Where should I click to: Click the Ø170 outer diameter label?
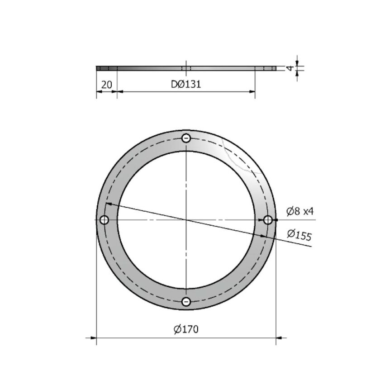click(x=186, y=329)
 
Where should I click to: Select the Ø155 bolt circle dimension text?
click(x=299, y=234)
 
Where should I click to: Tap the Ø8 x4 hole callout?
click(x=300, y=210)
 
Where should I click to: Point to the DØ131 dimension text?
click(x=186, y=84)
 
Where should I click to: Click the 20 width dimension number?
click(x=106, y=84)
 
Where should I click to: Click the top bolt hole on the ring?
click(x=186, y=138)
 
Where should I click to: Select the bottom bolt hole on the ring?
click(x=186, y=302)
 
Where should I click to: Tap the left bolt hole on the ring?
click(x=104, y=220)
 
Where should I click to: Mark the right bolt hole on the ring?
click(x=268, y=220)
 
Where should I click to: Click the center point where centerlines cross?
click(x=186, y=220)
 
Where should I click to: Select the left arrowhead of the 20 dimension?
click(x=99, y=92)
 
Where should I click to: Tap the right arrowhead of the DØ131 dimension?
click(x=252, y=92)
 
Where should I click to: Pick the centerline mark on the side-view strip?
click(x=186, y=68)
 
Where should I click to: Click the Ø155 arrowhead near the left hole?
click(x=109, y=205)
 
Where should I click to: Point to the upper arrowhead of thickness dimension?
click(x=297, y=63)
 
